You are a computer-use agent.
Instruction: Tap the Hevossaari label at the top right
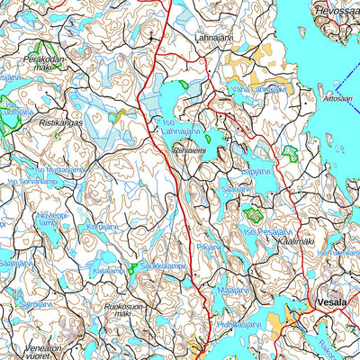[x=336, y=9]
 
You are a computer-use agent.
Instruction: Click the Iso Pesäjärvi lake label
[x=267, y=230]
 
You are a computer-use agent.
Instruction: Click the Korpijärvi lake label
[x=102, y=227]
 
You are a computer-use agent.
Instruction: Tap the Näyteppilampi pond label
[x=53, y=220]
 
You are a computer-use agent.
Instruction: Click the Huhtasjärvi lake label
[x=238, y=324]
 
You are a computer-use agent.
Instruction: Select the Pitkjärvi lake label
[x=209, y=246]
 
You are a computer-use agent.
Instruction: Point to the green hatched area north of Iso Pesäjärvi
[x=253, y=214]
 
